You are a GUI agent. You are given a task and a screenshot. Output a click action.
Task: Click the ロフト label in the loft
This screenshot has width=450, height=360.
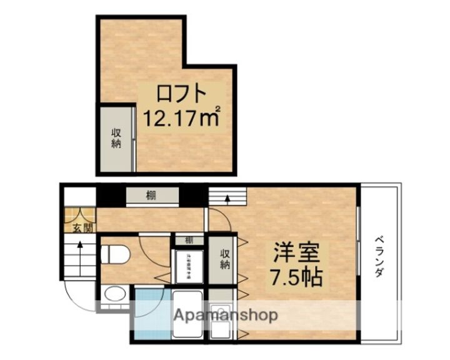[x=181, y=94]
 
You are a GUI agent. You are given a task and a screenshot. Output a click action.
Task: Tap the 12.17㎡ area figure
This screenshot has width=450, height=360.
[x=181, y=117]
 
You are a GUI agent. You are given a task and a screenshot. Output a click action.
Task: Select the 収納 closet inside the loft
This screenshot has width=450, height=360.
[x=116, y=139]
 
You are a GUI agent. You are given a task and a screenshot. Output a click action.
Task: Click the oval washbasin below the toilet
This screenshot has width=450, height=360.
[x=113, y=294]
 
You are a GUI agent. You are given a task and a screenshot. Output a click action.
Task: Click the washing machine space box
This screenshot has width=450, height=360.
[x=188, y=266]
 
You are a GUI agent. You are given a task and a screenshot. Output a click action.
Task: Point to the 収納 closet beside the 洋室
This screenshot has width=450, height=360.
[x=223, y=258]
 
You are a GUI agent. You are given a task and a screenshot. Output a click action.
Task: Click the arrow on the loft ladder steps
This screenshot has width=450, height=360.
[x=227, y=199]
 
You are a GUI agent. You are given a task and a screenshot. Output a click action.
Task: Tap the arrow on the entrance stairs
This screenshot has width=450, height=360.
[x=79, y=250]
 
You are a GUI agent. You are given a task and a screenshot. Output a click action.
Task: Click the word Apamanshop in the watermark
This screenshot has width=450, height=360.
[x=226, y=315]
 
